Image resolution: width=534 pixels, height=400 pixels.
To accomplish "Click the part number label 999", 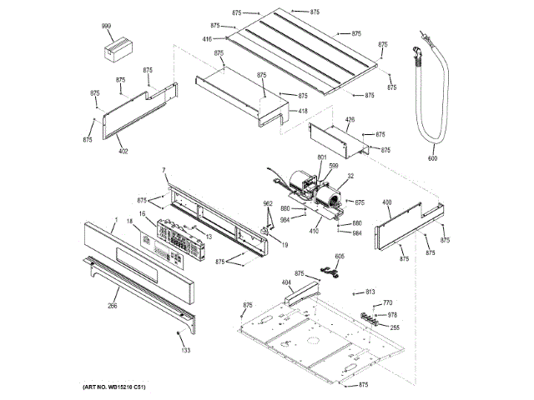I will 107,27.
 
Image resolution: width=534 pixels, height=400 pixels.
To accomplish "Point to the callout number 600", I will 432,157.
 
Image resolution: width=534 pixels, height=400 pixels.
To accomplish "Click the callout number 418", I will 303,111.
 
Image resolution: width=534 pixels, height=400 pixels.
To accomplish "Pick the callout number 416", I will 206,39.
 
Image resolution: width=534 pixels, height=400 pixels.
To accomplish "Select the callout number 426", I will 350,120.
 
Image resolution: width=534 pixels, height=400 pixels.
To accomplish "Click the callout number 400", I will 386,202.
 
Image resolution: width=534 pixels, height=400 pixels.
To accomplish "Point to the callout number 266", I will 113,306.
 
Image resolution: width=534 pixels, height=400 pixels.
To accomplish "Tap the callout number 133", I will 186,350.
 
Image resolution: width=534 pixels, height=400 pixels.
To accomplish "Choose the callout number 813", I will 370,292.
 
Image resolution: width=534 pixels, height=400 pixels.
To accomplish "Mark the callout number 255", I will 395,327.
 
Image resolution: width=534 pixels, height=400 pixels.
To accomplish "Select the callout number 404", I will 286,283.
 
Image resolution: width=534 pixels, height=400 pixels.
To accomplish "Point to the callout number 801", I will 322,157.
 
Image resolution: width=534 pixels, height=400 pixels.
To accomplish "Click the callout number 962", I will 269,204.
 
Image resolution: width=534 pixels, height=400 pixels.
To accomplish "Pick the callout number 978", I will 393,315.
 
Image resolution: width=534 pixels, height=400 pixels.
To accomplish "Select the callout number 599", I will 333,166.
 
